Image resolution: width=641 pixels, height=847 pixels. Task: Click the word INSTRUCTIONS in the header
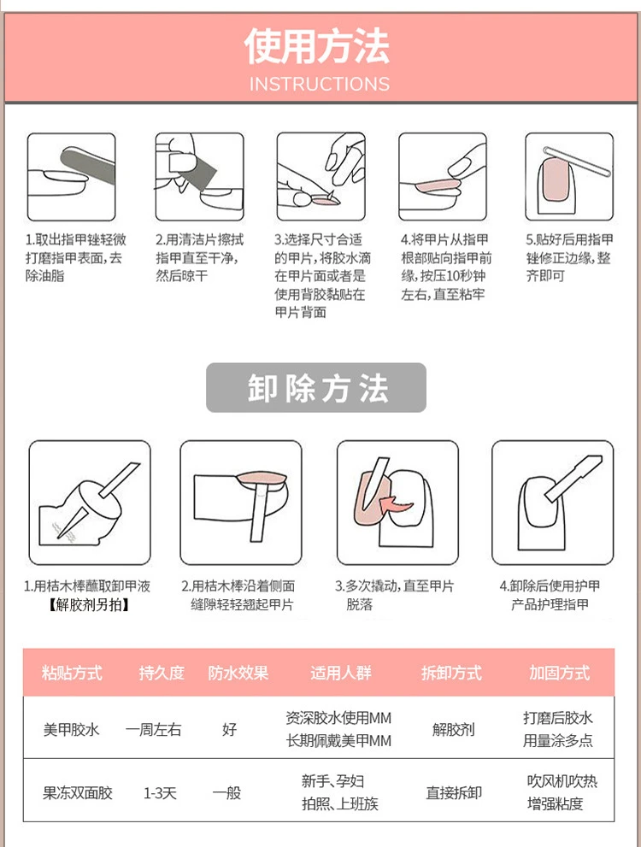(319, 84)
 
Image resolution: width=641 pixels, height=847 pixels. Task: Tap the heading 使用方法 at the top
(317, 46)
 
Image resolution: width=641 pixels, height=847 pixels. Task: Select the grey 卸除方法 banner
(316, 387)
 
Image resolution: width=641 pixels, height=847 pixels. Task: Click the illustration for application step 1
(71, 177)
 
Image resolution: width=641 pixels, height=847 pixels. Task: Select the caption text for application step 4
(446, 267)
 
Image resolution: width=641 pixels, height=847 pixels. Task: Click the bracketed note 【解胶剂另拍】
(88, 604)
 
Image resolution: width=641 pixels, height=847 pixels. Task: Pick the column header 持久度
(162, 673)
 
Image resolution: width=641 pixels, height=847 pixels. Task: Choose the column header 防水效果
(238, 673)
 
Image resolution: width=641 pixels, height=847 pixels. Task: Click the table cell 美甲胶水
(71, 729)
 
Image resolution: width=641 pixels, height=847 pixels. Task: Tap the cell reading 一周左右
(153, 729)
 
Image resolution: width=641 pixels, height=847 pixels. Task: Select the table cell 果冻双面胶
(78, 792)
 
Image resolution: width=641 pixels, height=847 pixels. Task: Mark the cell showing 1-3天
(160, 792)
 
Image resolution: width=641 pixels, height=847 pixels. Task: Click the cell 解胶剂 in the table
(453, 729)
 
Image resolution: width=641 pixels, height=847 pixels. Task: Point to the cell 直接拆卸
(454, 792)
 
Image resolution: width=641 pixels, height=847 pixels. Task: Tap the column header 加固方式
(560, 673)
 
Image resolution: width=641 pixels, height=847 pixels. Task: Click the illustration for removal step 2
(241, 503)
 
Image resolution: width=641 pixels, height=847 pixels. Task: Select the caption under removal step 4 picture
(550, 595)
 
